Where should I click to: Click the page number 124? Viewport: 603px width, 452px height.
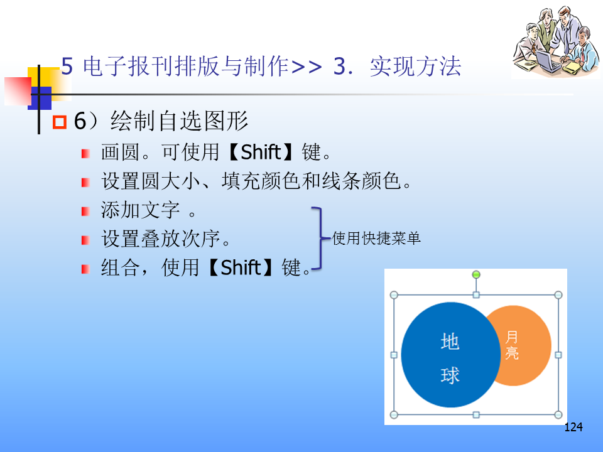click(573, 427)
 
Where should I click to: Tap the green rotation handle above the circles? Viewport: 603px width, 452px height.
click(476, 274)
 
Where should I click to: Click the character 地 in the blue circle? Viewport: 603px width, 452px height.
click(450, 342)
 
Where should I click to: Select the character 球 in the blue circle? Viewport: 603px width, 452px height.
click(450, 375)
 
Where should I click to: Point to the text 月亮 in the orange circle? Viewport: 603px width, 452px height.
click(512, 345)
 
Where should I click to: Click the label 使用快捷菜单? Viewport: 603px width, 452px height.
click(376, 239)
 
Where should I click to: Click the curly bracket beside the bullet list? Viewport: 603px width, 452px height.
click(319, 239)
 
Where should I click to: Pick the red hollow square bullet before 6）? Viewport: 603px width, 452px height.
click(60, 122)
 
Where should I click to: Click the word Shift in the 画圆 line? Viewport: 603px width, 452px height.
click(261, 152)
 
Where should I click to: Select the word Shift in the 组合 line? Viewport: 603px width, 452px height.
click(241, 267)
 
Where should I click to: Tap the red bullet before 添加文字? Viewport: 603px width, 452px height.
click(85, 212)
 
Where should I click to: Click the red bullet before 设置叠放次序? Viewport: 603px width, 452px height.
click(85, 240)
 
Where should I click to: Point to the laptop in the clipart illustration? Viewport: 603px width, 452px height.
click(548, 62)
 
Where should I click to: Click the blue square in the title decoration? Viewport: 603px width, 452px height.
click(41, 98)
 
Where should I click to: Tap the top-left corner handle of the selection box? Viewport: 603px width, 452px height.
click(394, 295)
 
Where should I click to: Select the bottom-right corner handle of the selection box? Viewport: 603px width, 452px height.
click(558, 415)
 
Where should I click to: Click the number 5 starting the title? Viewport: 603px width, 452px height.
click(67, 66)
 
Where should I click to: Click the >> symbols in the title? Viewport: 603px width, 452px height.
click(307, 67)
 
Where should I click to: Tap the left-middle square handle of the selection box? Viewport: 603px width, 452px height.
click(394, 355)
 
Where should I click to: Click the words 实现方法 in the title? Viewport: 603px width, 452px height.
click(415, 66)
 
